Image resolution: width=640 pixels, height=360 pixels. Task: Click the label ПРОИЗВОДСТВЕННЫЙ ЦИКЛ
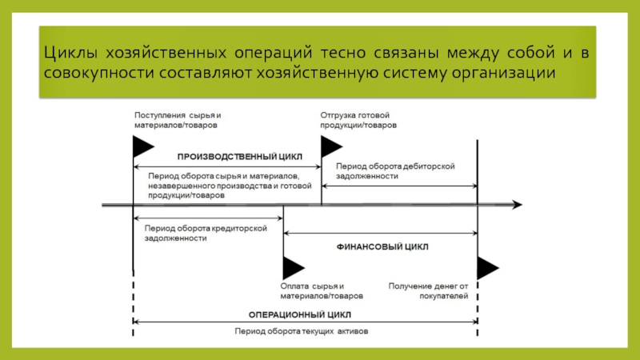[x=239, y=157]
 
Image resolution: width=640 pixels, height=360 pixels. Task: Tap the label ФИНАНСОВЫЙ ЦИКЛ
[x=382, y=247]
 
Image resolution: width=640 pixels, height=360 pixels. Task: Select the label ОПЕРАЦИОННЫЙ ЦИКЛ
[x=299, y=314]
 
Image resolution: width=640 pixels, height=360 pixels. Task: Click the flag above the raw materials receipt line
[x=143, y=146]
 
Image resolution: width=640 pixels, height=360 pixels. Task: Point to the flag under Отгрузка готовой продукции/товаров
[x=331, y=146]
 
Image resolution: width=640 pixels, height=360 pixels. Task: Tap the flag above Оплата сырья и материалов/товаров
[x=294, y=268]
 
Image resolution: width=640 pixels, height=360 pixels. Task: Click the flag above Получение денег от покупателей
[x=488, y=268]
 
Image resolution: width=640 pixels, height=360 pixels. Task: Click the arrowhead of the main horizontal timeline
[x=518, y=205]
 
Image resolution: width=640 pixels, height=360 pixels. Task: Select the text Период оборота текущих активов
[x=302, y=331]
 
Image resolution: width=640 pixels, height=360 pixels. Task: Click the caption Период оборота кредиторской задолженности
[x=206, y=233]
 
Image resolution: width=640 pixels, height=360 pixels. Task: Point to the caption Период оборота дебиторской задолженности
[x=395, y=171]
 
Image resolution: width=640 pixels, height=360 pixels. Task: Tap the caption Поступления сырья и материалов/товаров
[x=178, y=120]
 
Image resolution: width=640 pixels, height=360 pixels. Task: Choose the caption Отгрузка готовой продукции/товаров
[x=358, y=120]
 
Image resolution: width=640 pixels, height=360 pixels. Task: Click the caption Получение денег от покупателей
[x=428, y=291]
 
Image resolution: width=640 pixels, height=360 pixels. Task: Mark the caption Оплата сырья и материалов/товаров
[x=322, y=291]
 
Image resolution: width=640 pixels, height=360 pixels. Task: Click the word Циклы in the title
[x=70, y=54]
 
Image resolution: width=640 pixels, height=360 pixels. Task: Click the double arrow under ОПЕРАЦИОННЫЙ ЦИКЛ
[x=306, y=322]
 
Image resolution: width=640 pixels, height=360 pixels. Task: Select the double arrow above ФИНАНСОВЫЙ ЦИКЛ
[x=381, y=233]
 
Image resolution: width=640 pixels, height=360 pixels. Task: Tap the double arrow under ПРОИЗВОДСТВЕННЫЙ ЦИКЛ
[x=227, y=167]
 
